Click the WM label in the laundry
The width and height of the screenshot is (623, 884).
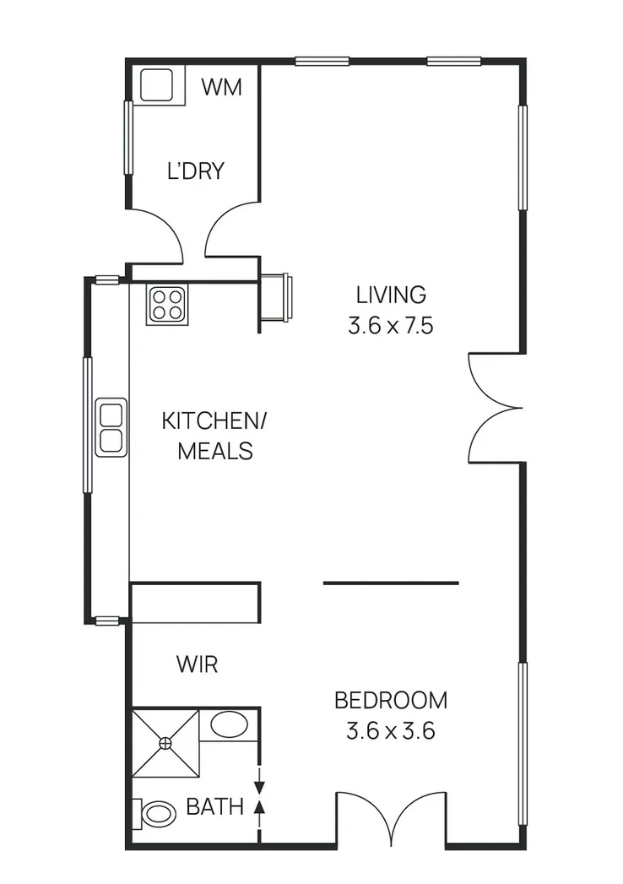coord(222,87)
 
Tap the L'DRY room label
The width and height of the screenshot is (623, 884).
coord(195,171)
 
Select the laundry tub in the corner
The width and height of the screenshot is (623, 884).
coord(158,85)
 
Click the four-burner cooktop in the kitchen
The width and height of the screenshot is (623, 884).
coord(167,305)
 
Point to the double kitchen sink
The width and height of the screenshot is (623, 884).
coord(111,427)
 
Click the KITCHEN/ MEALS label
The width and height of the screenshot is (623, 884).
coord(214,436)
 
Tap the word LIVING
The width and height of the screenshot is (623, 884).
coord(390,296)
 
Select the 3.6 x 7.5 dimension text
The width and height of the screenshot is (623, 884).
coord(390,326)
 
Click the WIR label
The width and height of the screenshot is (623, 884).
coord(197,664)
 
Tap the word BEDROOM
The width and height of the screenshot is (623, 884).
coord(390,700)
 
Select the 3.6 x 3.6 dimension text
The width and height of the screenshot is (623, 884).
coord(390,731)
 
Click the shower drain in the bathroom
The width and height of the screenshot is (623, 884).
coord(166,743)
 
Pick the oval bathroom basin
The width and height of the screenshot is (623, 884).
coord(229,724)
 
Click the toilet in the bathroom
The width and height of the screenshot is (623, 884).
coord(155,815)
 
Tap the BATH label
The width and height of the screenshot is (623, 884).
coord(214,807)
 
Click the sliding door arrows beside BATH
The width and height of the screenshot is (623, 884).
coord(259,794)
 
